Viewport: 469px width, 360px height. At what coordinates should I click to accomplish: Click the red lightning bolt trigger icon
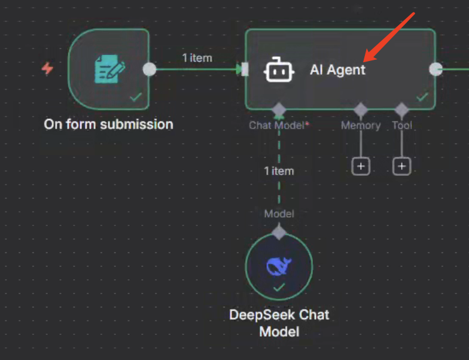point(47,69)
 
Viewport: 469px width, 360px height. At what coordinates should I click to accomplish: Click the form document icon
point(110,69)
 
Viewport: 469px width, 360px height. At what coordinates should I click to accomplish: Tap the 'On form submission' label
point(108,124)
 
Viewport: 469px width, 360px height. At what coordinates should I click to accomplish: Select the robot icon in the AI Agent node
point(279,69)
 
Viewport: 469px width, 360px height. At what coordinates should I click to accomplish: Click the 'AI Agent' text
point(337,69)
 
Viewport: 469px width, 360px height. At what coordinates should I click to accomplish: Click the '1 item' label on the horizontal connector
point(197,58)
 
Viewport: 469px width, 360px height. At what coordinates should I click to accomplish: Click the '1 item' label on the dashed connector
point(279,171)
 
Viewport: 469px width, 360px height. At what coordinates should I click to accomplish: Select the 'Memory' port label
point(361,126)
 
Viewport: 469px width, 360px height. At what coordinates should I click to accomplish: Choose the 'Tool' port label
point(402,126)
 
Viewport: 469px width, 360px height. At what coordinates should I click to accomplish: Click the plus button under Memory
point(361,166)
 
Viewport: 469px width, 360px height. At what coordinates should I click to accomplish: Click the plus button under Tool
point(402,166)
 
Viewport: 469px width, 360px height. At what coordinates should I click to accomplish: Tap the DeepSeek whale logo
point(279,266)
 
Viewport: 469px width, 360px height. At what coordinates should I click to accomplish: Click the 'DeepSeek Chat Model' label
point(279,322)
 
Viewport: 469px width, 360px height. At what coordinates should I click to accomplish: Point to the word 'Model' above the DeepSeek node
point(279,213)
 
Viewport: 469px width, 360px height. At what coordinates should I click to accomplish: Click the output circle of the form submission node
point(150,69)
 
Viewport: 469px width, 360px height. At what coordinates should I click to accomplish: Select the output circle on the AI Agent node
point(436,69)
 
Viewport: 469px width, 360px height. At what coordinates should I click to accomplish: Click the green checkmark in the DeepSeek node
point(279,288)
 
